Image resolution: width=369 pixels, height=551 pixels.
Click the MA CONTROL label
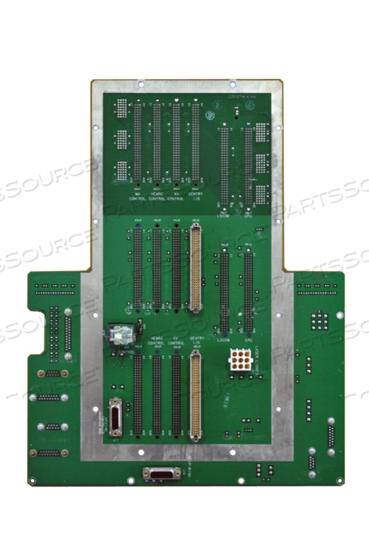[138, 195]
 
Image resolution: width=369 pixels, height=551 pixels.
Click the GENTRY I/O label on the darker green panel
[195, 195]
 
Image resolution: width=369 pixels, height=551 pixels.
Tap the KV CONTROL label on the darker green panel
[176, 195]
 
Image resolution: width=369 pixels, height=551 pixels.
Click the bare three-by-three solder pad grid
[318, 320]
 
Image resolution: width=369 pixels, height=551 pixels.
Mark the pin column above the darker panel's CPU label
[249, 165]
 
